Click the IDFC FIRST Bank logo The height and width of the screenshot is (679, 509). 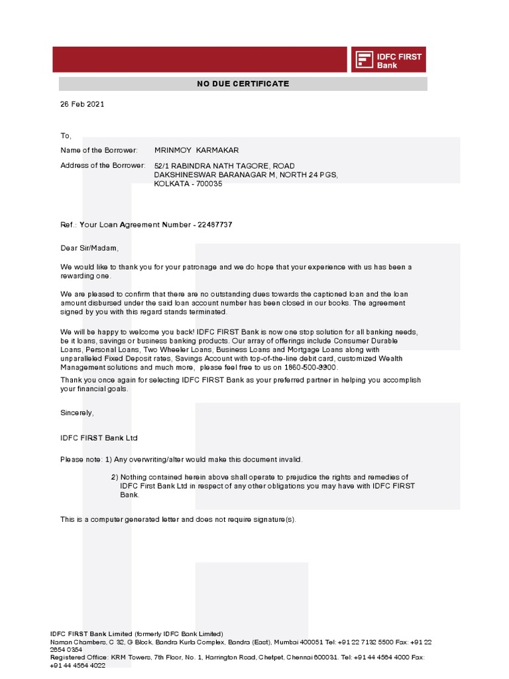388,60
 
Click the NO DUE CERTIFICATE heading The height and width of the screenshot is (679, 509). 243,84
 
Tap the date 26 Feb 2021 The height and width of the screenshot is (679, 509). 82,104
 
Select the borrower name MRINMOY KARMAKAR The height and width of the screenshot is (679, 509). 196,151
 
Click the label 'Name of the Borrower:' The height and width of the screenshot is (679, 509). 99,151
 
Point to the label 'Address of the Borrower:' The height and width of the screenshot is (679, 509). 103,165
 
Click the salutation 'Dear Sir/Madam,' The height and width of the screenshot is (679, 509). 89,248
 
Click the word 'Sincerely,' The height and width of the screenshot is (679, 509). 78,412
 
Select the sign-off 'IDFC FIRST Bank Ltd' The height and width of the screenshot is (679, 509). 99,438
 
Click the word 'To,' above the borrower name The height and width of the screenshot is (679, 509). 66,135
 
